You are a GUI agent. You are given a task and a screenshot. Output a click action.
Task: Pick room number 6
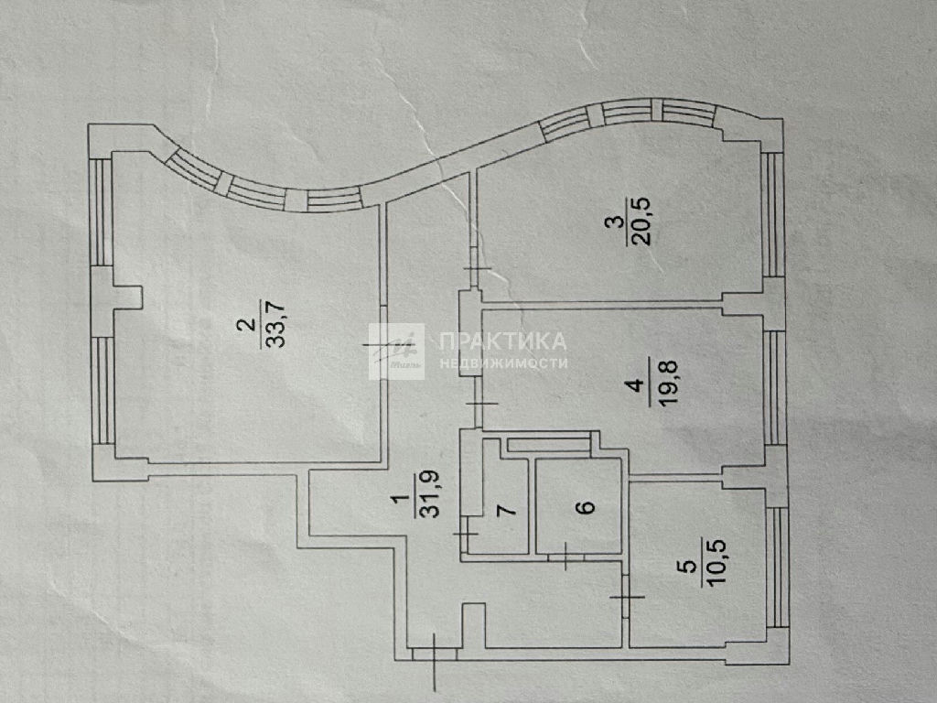coord(587,507)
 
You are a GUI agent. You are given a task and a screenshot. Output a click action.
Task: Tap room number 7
coord(507,510)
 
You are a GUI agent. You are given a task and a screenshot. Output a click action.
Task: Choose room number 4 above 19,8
coord(638,384)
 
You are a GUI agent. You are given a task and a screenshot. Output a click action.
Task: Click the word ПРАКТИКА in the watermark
coord(502,341)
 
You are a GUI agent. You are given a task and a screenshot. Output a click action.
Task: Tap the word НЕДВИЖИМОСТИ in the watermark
coord(503,362)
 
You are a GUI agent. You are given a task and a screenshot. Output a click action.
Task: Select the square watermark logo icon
coord(396,351)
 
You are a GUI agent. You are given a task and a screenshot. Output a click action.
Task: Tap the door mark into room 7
coord(466,534)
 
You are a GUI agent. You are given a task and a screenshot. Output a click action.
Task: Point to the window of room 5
coord(777,567)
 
